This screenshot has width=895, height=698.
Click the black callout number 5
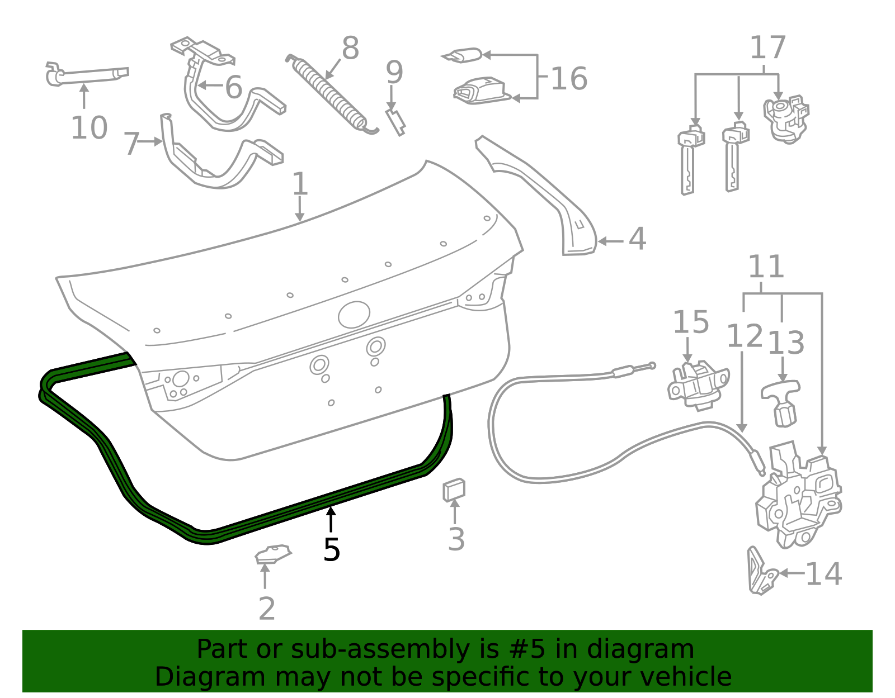pyautogui.click(x=332, y=550)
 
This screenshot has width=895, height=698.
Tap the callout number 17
pyautogui.click(x=767, y=48)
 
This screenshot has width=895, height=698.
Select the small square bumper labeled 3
pyautogui.click(x=454, y=490)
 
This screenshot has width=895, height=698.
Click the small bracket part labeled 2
pyautogui.click(x=273, y=554)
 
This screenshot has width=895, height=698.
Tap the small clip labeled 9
pyautogui.click(x=395, y=122)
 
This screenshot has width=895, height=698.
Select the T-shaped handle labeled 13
pyautogui.click(x=781, y=402)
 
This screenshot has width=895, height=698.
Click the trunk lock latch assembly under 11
pyautogui.click(x=797, y=495)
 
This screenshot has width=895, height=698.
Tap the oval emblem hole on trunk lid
pyautogui.click(x=354, y=315)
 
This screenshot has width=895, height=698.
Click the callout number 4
pyautogui.click(x=637, y=239)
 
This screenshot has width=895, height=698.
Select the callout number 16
pyautogui.click(x=569, y=78)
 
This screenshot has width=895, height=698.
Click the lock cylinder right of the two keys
pyautogui.click(x=786, y=120)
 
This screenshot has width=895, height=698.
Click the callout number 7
pyautogui.click(x=131, y=144)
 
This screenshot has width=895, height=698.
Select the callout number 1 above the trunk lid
pyautogui.click(x=300, y=184)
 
